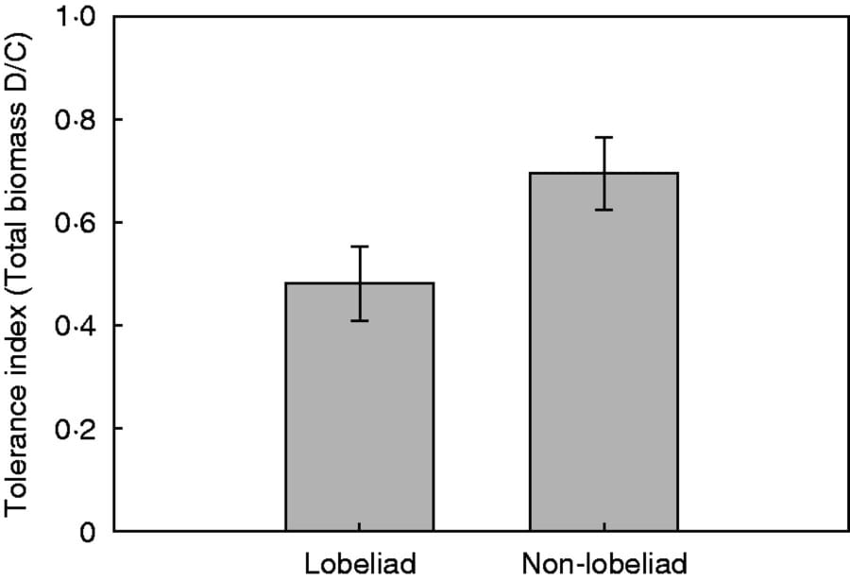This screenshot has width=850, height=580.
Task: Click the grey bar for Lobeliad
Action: coord(360,406)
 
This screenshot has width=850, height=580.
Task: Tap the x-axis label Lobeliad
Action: coord(360,564)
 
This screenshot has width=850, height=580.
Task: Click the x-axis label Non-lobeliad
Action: coord(603,564)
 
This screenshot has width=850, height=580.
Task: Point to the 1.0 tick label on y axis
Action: coord(76,18)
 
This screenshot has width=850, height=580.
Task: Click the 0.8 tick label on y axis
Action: coord(76,121)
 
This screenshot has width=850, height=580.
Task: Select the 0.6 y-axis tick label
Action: coord(76,224)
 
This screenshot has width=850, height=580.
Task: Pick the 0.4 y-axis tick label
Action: coord(76,327)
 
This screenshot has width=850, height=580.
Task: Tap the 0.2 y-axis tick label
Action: coord(76,430)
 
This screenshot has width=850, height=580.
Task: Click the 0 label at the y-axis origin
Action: coord(88,533)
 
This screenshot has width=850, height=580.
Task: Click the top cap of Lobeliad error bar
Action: coord(360,247)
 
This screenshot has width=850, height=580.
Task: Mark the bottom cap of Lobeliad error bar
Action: coord(360,321)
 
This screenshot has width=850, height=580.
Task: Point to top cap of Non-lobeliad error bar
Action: coord(603,137)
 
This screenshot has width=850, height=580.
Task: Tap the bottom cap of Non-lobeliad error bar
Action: coord(603,210)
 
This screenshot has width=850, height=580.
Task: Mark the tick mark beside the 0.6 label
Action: coord(119,223)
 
